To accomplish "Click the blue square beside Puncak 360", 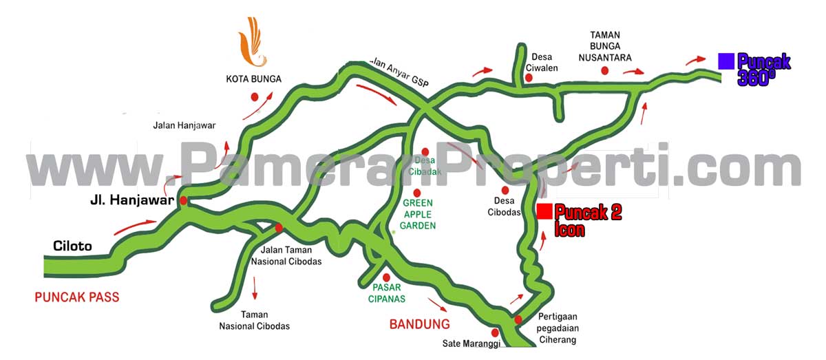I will tap(726, 61).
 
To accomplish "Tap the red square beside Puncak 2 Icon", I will tap(544, 211).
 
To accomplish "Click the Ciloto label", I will tap(72, 246).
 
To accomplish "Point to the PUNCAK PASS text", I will tap(77, 297).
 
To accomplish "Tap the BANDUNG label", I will tap(419, 324).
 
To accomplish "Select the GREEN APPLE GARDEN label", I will tap(418, 214).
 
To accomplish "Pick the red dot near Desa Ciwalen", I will tap(529, 78).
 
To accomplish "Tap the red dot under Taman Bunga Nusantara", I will tap(605, 70).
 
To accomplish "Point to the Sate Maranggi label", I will tap(471, 343).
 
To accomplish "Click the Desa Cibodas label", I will tap(505, 207).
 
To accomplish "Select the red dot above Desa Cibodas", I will tap(505, 190).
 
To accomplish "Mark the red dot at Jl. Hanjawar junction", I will tap(184, 200).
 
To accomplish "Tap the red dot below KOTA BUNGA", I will tap(254, 97).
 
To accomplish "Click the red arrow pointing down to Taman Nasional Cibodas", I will tap(255, 288).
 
